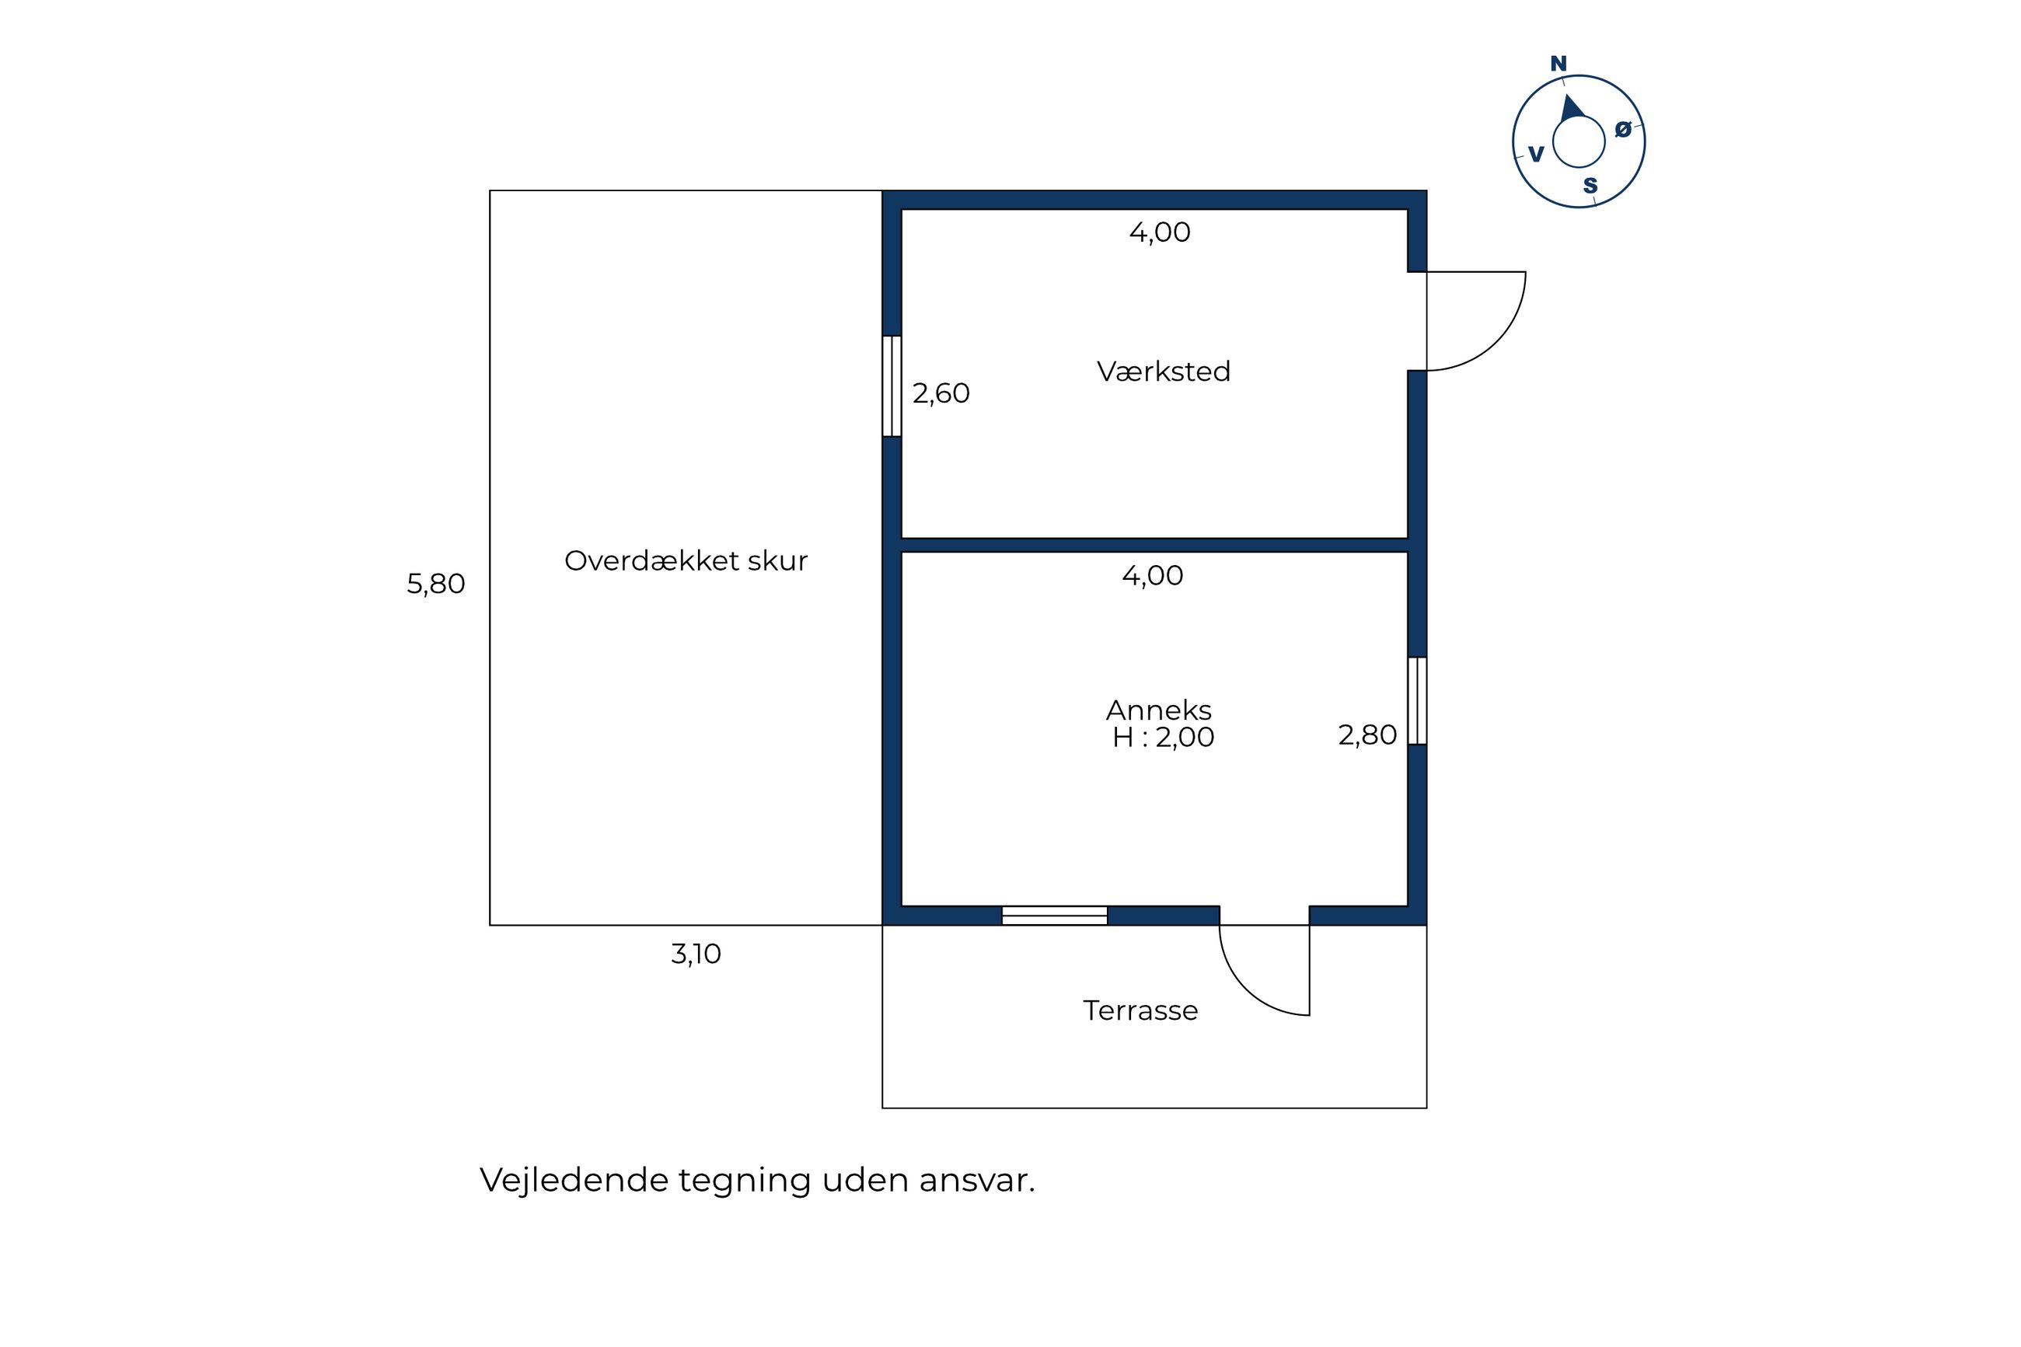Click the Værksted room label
pyautogui.click(x=1163, y=371)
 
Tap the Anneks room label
pyautogui.click(x=1158, y=710)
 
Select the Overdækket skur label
pyautogui.click(x=686, y=561)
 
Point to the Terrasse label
pyautogui.click(x=1140, y=1010)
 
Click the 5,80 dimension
pyautogui.click(x=435, y=585)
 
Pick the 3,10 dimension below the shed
pyautogui.click(x=696, y=954)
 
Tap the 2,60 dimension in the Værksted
pyautogui.click(x=941, y=393)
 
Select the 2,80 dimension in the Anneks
pyautogui.click(x=1367, y=735)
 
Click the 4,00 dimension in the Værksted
pyautogui.click(x=1160, y=233)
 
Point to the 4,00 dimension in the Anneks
pyautogui.click(x=1153, y=576)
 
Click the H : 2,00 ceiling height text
pyautogui.click(x=1163, y=737)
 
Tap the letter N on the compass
pyautogui.click(x=1558, y=64)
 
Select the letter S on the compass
pyautogui.click(x=1590, y=186)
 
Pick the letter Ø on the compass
pyautogui.click(x=1622, y=129)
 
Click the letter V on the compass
pyautogui.click(x=1536, y=155)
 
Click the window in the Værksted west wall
pyautogui.click(x=892, y=386)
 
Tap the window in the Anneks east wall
pyautogui.click(x=1417, y=701)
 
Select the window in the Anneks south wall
pyautogui.click(x=1055, y=916)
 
